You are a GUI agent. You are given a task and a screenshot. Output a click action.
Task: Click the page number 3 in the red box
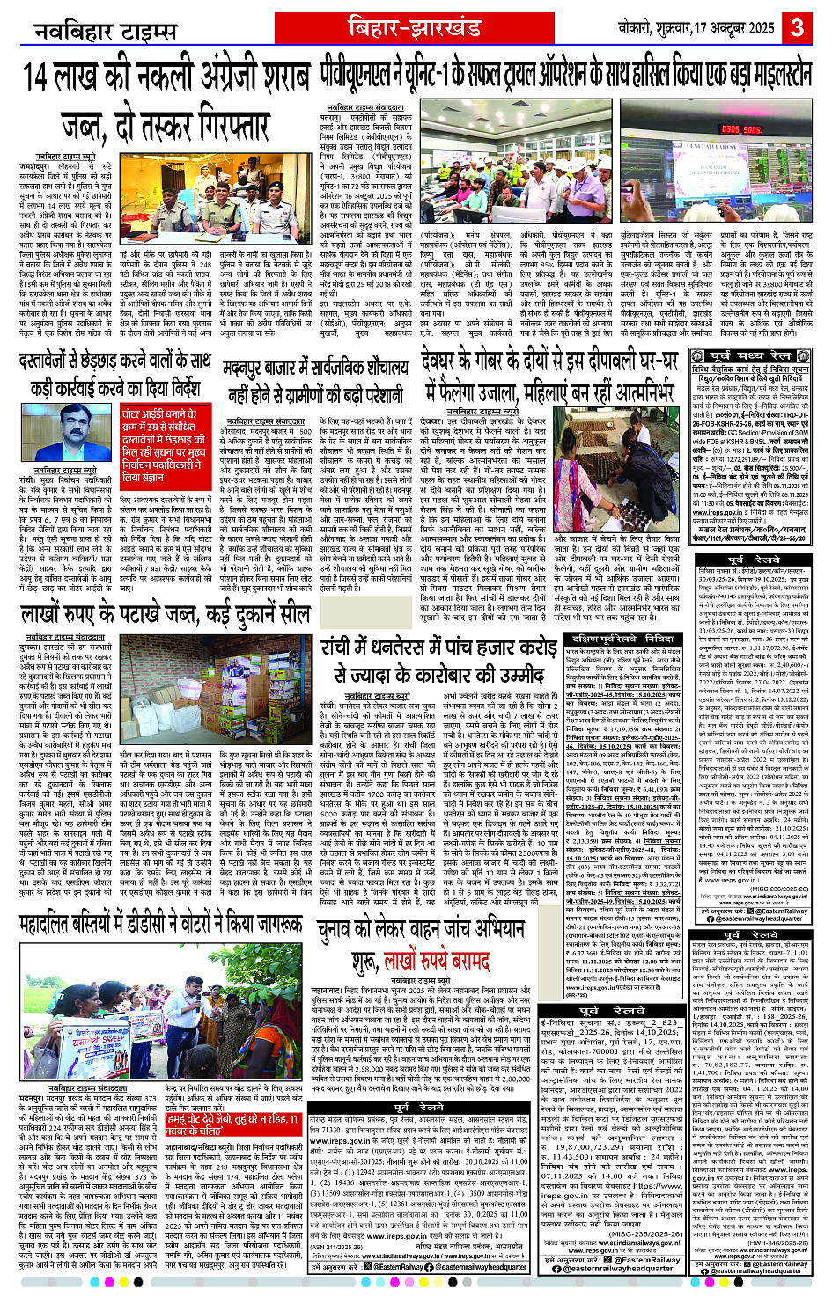click(x=798, y=26)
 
